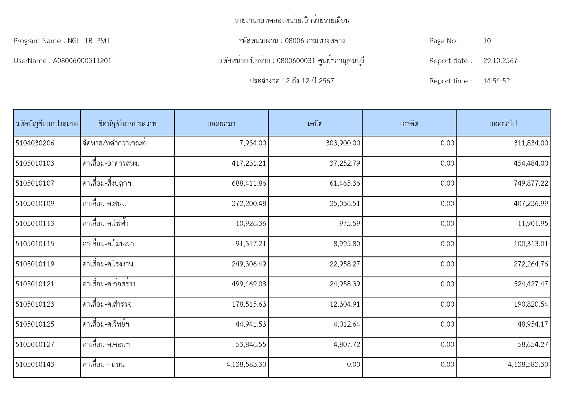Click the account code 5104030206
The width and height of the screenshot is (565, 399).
[35, 143]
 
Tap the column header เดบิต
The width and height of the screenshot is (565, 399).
[315, 124]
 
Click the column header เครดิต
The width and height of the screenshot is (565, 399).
[409, 124]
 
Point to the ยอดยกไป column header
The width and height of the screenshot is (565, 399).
[503, 124]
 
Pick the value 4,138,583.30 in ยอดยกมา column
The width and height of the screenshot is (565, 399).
[246, 365]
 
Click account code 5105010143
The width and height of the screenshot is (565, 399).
[35, 365]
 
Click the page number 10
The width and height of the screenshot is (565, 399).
[487, 41]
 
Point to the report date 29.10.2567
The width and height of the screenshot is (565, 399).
[500, 61]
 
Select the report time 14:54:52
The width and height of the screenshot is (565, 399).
[496, 81]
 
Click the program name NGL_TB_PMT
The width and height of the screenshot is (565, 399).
[89, 41]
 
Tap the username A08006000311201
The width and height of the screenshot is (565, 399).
[82, 61]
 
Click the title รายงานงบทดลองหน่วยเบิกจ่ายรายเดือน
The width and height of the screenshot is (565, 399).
[292, 21]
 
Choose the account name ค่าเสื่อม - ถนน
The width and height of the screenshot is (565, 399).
[103, 365]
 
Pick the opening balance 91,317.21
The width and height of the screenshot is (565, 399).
[251, 244]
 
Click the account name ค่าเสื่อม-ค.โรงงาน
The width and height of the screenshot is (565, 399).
[108, 264]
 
